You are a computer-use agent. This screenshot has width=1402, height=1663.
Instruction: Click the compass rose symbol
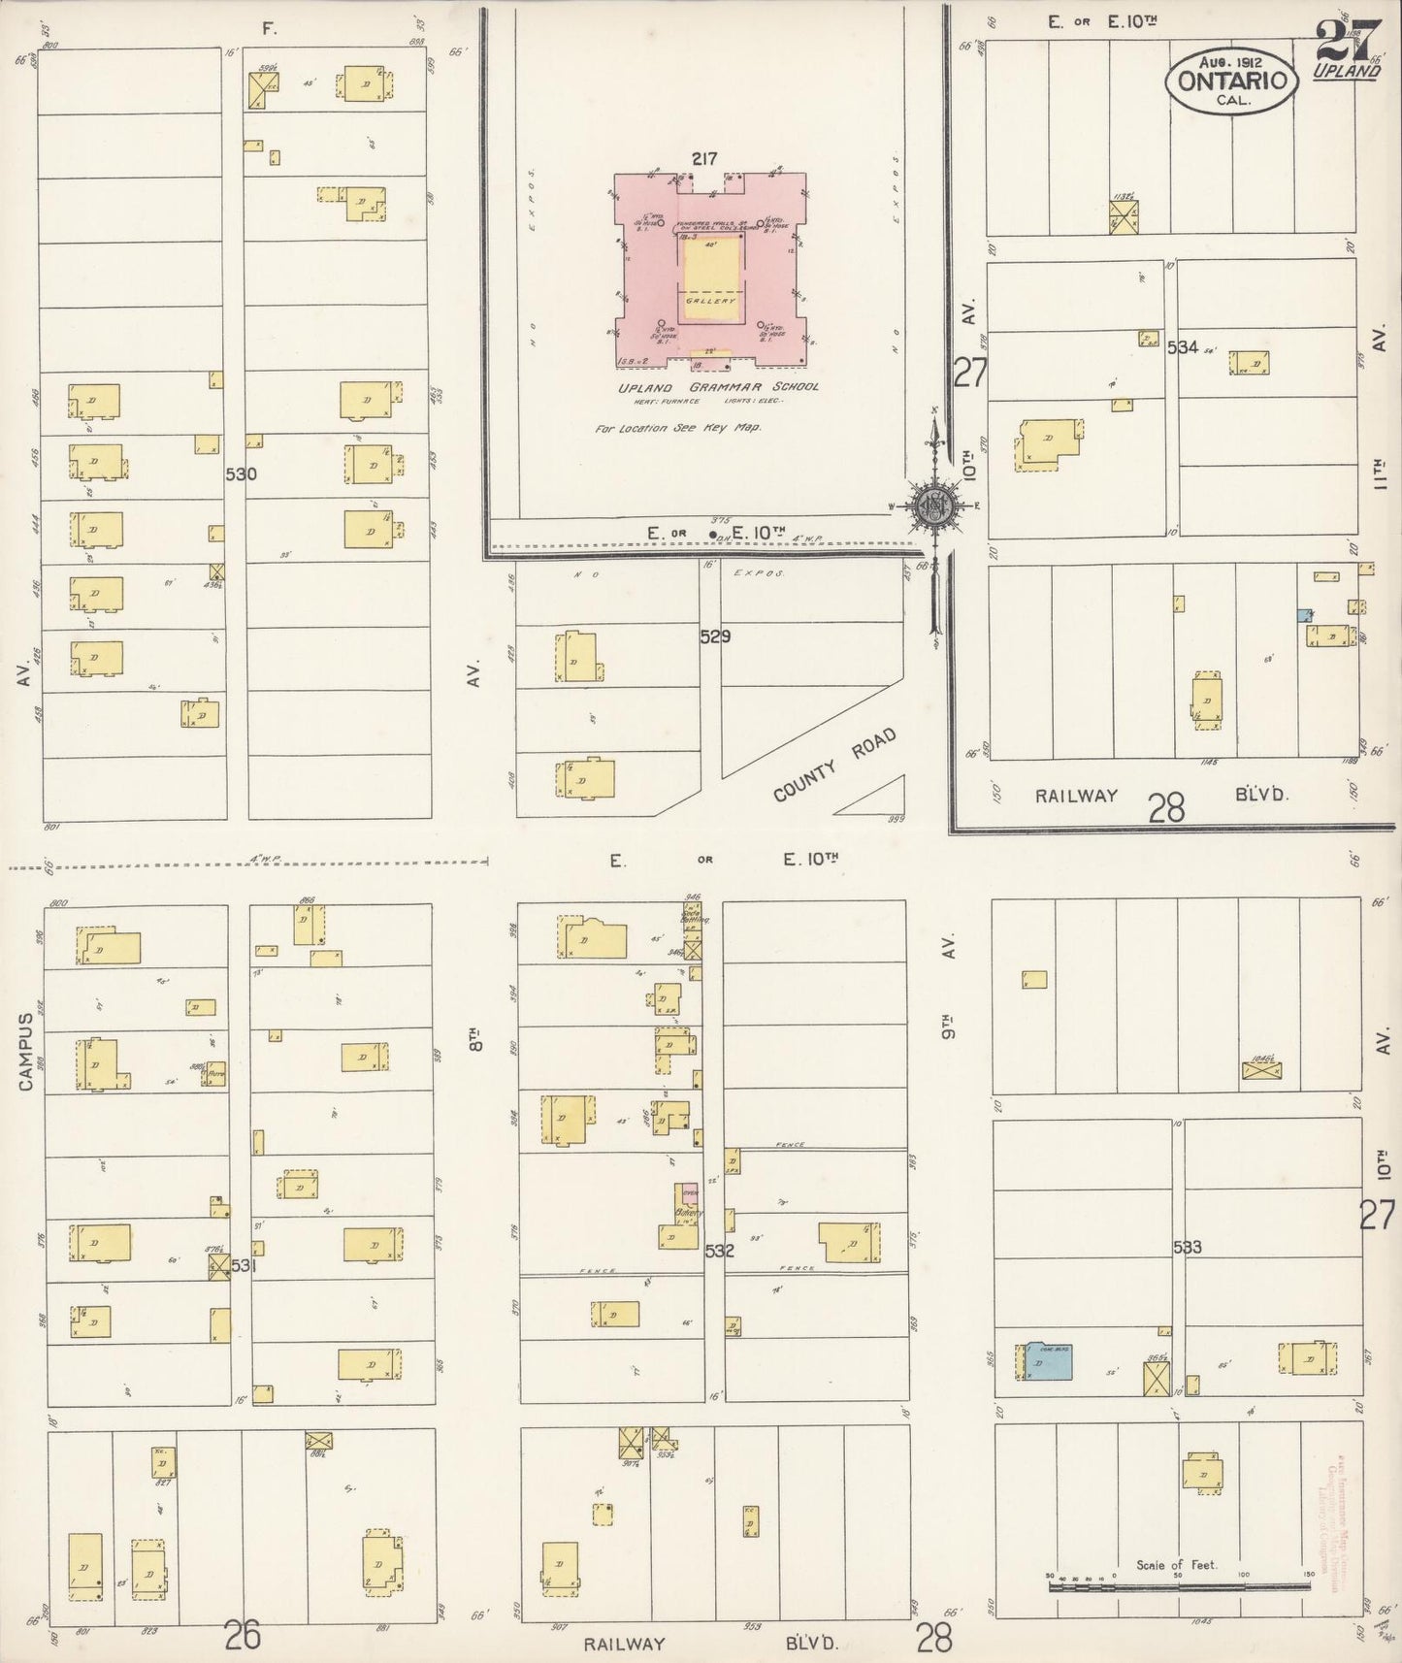(x=933, y=506)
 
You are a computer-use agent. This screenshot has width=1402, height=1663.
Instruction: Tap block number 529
(x=715, y=637)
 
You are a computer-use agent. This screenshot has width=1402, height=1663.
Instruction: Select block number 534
(x=1183, y=347)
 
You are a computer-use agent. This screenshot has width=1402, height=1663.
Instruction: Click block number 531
(x=245, y=1265)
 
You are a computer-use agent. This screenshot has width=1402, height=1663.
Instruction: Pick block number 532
(x=719, y=1252)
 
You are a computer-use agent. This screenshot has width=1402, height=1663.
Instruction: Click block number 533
(x=1187, y=1247)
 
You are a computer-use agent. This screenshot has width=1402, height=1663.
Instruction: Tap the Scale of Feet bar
(x=1178, y=1587)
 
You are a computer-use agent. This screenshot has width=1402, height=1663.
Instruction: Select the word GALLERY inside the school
(x=711, y=301)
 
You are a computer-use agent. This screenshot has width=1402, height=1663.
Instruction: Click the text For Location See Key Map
(x=678, y=427)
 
